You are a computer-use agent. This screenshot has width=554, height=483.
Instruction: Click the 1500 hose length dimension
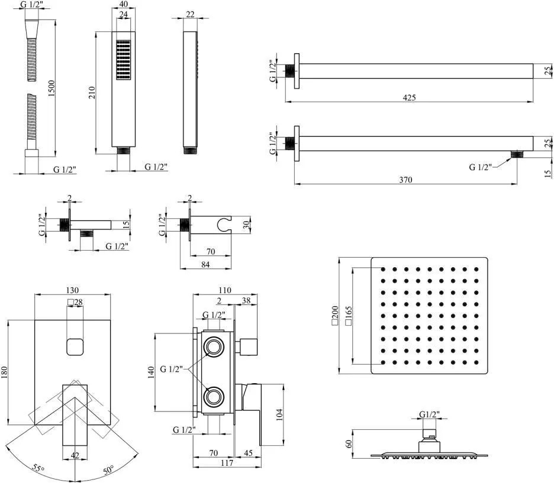(x=52, y=89)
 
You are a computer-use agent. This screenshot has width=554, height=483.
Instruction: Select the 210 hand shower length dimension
(x=92, y=92)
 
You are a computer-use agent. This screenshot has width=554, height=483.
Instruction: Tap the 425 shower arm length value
(x=409, y=98)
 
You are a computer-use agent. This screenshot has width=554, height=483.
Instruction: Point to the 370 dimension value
(x=405, y=180)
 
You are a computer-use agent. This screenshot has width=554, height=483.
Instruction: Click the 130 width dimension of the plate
(x=72, y=290)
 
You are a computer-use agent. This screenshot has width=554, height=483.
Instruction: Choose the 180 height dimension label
(x=4, y=372)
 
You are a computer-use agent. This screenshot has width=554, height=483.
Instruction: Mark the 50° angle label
(x=108, y=470)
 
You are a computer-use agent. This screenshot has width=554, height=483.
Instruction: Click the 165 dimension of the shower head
(x=349, y=315)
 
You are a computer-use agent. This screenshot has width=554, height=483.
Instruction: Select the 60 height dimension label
(x=349, y=444)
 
